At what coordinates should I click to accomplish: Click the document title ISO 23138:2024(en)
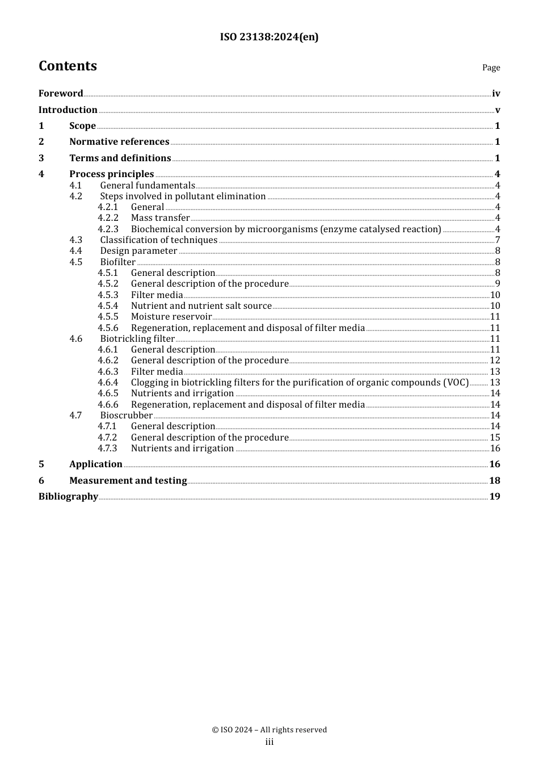click(269, 37)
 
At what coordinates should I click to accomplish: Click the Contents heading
click(68, 66)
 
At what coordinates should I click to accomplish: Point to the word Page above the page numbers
click(491, 68)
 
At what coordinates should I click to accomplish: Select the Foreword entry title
click(61, 93)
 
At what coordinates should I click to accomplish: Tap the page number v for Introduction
click(497, 110)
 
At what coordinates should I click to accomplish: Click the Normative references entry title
click(119, 142)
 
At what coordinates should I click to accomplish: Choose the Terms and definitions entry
click(120, 158)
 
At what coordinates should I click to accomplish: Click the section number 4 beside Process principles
click(41, 174)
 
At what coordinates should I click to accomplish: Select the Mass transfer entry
click(160, 218)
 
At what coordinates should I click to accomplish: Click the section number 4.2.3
click(108, 229)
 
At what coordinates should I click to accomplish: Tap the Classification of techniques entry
click(159, 240)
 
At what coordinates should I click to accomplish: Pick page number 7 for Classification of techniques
click(497, 240)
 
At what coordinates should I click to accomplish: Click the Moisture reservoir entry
click(171, 317)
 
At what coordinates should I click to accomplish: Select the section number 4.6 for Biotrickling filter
click(76, 339)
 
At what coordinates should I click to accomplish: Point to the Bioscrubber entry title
click(127, 416)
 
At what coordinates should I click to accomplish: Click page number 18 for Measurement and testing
click(495, 480)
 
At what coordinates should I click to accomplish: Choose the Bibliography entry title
click(68, 496)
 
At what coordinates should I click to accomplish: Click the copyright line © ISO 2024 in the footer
click(269, 730)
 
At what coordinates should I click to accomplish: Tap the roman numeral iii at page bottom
click(269, 742)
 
